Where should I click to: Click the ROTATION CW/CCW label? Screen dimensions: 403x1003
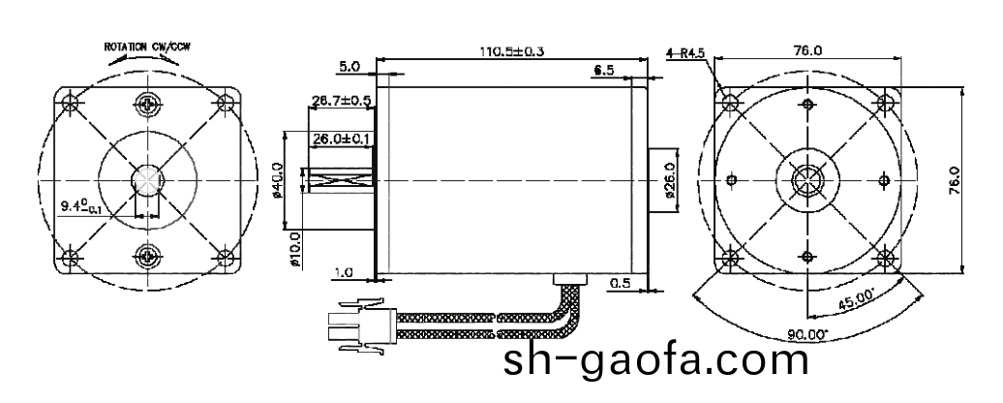[146, 46]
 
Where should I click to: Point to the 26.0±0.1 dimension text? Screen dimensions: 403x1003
[342, 140]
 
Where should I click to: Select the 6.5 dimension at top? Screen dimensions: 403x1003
[604, 71]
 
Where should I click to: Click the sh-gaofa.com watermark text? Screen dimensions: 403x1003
[655, 362]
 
